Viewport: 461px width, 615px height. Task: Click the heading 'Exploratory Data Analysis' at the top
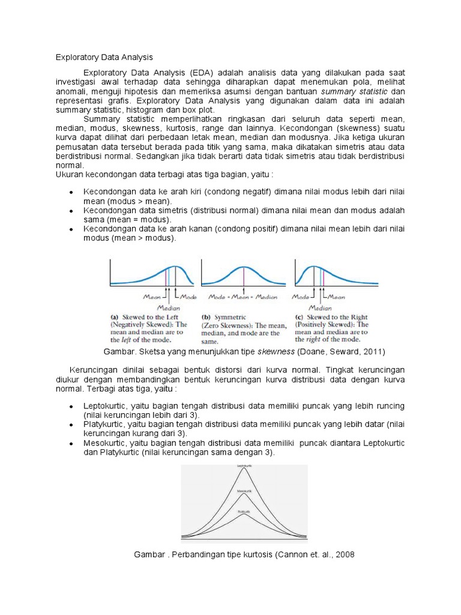point(104,58)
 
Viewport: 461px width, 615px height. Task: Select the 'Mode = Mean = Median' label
point(243,297)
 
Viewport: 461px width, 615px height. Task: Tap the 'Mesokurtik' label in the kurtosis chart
point(244,491)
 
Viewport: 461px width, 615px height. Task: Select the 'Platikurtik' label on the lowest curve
point(244,511)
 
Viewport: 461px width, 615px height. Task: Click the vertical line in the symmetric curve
point(244,276)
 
